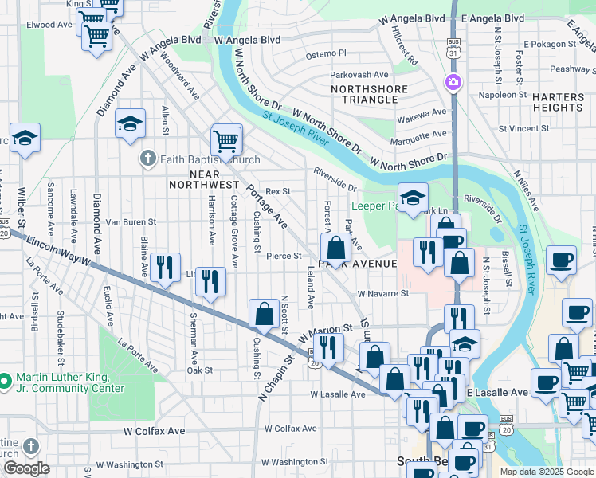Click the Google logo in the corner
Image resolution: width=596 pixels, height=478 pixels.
26,468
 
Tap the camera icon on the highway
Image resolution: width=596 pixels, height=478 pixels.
453,81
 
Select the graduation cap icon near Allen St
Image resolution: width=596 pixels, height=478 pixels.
130,123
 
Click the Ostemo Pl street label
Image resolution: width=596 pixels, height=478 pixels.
327,53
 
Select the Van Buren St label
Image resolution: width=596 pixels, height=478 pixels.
130,222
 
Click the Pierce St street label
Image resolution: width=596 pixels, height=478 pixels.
284,256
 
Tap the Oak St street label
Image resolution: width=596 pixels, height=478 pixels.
199,370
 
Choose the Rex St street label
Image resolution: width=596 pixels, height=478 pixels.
277,191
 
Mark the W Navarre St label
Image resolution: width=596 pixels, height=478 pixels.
382,293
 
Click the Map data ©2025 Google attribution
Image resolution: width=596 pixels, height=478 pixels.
547,472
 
